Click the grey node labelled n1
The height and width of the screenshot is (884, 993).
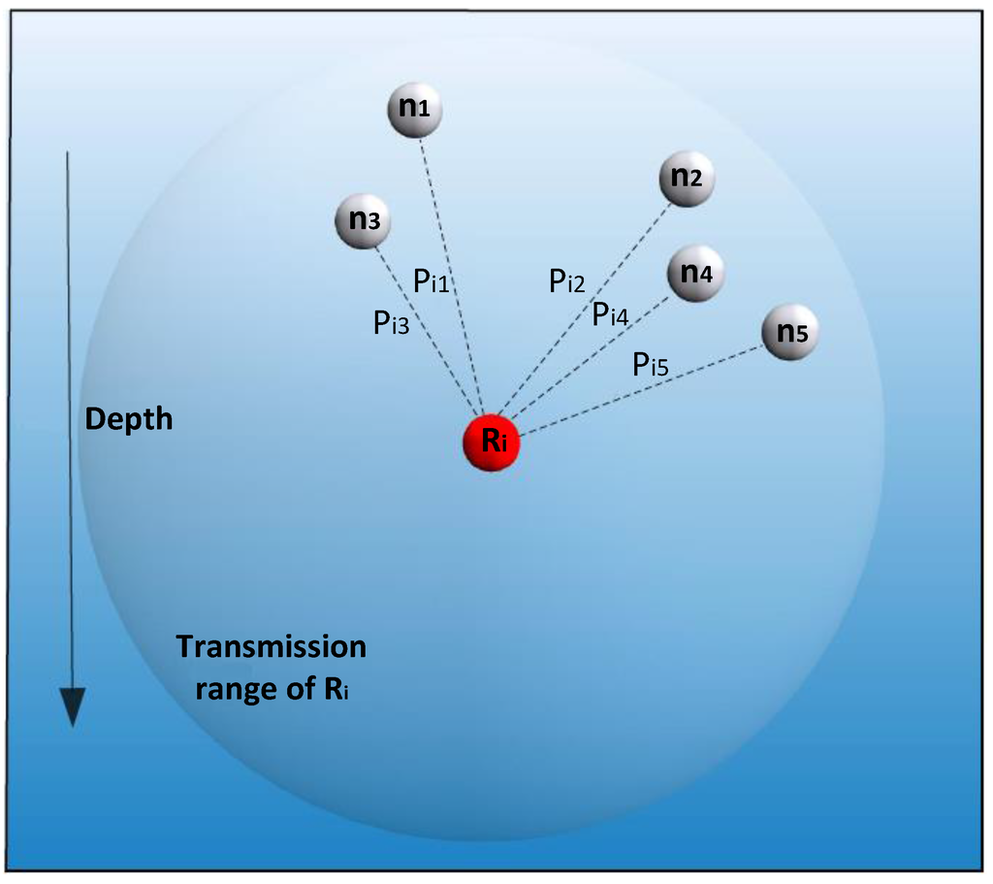pos(414,109)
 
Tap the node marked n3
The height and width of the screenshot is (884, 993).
pos(364,220)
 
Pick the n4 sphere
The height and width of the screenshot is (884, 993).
pos(695,274)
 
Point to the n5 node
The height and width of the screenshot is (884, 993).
pos(789,332)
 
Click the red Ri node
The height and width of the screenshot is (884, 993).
pos(492,443)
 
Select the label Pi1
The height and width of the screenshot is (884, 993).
pos(431,281)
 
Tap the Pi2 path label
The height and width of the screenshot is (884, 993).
pos(566,281)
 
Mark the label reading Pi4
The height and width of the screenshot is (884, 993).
pos(610,313)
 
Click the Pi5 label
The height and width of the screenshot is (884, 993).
pos(650,364)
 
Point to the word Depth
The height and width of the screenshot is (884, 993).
pos(129,419)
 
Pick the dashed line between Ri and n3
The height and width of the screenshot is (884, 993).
pos(436,344)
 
